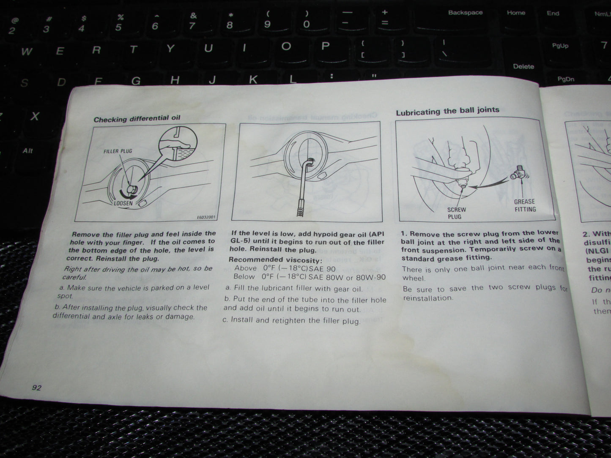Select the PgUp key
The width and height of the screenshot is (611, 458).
pyautogui.click(x=560, y=46)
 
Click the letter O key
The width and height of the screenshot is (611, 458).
pyautogui.click(x=286, y=46)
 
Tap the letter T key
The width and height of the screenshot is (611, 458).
pyautogui.click(x=133, y=50)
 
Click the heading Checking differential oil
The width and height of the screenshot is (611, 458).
pyautogui.click(x=137, y=119)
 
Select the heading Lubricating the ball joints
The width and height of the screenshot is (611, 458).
pyautogui.click(x=447, y=111)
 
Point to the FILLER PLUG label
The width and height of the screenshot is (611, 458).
pyautogui.click(x=118, y=151)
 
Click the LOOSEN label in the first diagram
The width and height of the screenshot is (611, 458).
pyautogui.click(x=123, y=203)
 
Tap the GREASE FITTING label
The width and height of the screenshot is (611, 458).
pyautogui.click(x=525, y=205)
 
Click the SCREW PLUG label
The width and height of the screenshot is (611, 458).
pyautogui.click(x=456, y=213)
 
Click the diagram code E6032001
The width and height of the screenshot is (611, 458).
pyautogui.click(x=206, y=218)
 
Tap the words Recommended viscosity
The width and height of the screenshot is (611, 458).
pyautogui.click(x=275, y=260)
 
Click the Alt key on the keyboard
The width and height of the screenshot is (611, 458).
pyautogui.click(x=28, y=151)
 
